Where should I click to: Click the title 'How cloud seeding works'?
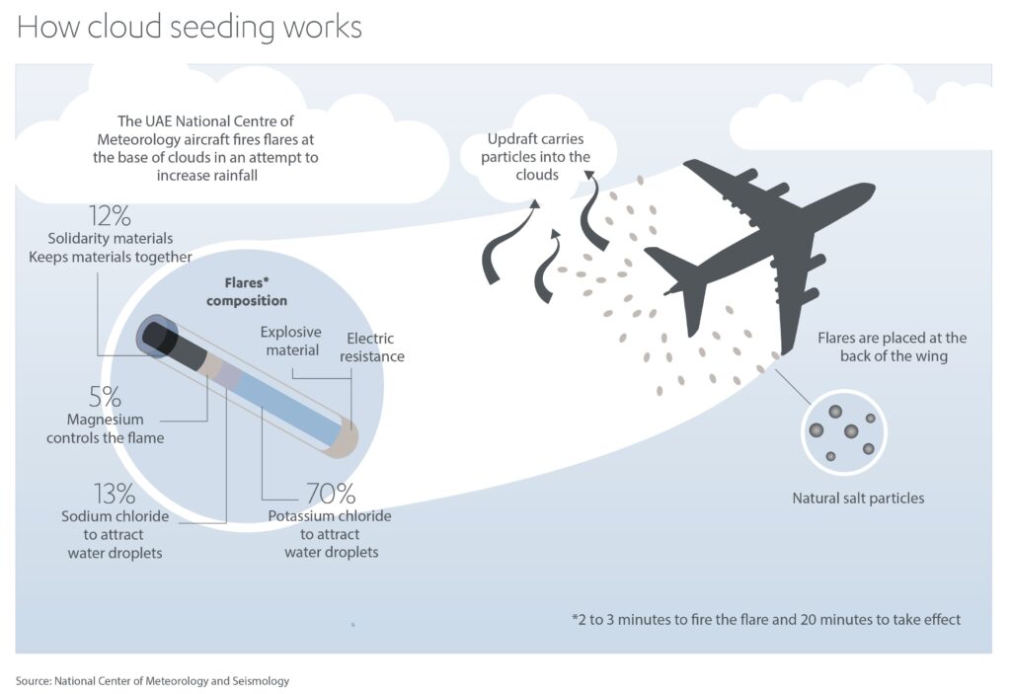pos(189,27)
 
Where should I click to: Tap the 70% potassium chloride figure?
pos(331,493)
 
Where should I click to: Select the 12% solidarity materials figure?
pos(110,216)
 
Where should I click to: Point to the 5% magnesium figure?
pos(105,396)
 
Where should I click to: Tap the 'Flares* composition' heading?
pos(246,292)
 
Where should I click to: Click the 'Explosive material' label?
pos(291,341)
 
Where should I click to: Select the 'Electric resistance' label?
pos(372,347)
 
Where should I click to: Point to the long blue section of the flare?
pos(286,408)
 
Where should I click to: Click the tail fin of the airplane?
pos(681,271)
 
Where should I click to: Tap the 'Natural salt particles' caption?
pos(858,499)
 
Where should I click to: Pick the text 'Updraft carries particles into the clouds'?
pos(538,157)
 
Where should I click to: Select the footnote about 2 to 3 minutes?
pos(765,620)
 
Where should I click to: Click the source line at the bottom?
pos(153,680)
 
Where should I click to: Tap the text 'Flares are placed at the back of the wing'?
pos(892,347)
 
